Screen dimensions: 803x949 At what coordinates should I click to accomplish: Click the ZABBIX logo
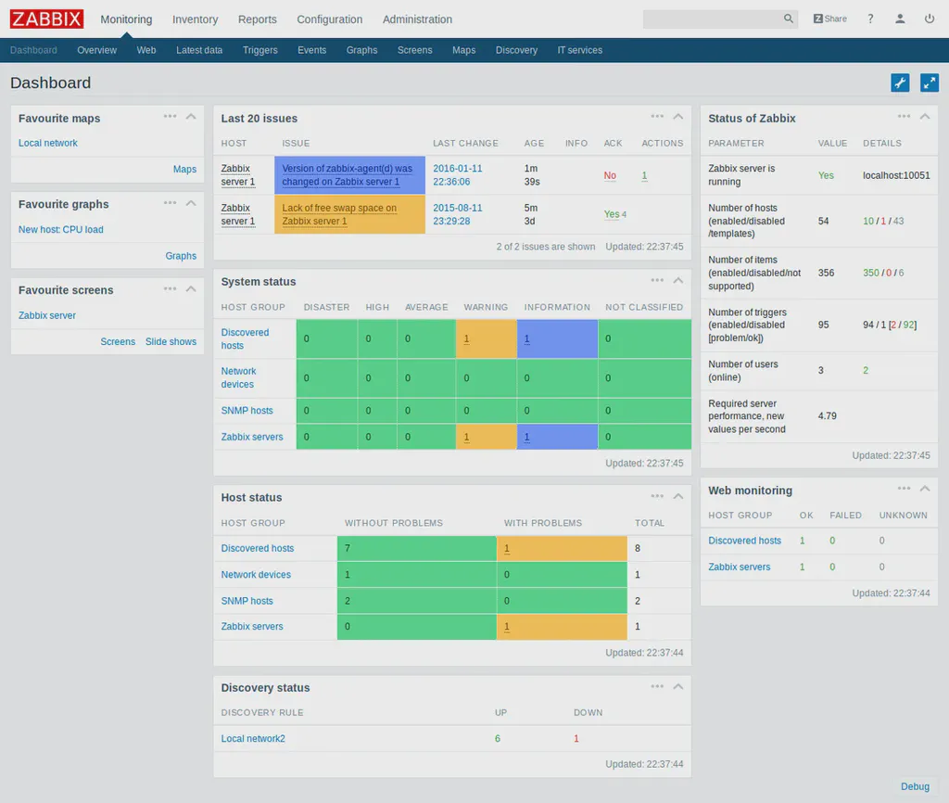46,19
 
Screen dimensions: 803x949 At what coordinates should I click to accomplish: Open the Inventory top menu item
195,19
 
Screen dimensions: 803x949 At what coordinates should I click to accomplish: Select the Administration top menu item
417,19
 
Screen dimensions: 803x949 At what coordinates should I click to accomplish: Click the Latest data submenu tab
199,50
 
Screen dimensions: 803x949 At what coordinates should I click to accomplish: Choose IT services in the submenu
579,50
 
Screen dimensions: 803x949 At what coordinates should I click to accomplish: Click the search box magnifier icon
789,19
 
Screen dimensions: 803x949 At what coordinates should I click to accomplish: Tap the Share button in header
829,19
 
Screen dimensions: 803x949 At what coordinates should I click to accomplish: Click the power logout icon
929,19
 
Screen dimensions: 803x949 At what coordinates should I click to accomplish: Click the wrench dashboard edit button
900,83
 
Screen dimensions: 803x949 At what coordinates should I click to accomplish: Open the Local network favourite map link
48,143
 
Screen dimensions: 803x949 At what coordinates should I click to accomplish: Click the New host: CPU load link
61,229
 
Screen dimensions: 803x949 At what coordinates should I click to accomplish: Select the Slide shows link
171,341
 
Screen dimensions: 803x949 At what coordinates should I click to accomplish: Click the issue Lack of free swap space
339,214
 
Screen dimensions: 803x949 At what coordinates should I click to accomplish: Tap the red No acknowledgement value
610,175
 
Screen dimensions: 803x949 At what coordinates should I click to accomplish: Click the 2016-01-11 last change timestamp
458,175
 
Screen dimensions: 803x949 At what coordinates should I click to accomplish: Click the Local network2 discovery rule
253,739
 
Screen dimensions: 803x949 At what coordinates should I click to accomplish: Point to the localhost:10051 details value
896,175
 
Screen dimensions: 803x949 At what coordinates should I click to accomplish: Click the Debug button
915,786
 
